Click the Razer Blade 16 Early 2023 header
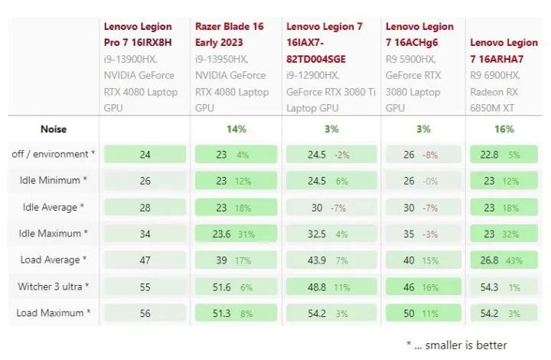tap(230, 34)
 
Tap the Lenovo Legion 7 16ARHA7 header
tap(504, 51)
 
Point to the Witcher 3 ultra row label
tap(53, 286)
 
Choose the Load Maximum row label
tap(53, 313)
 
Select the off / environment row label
tap(54, 155)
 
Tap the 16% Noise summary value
tap(504, 129)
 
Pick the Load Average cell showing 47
tap(145, 260)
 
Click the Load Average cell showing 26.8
tap(504, 260)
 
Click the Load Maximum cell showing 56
tap(145, 313)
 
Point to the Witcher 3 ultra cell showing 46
tap(423, 286)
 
